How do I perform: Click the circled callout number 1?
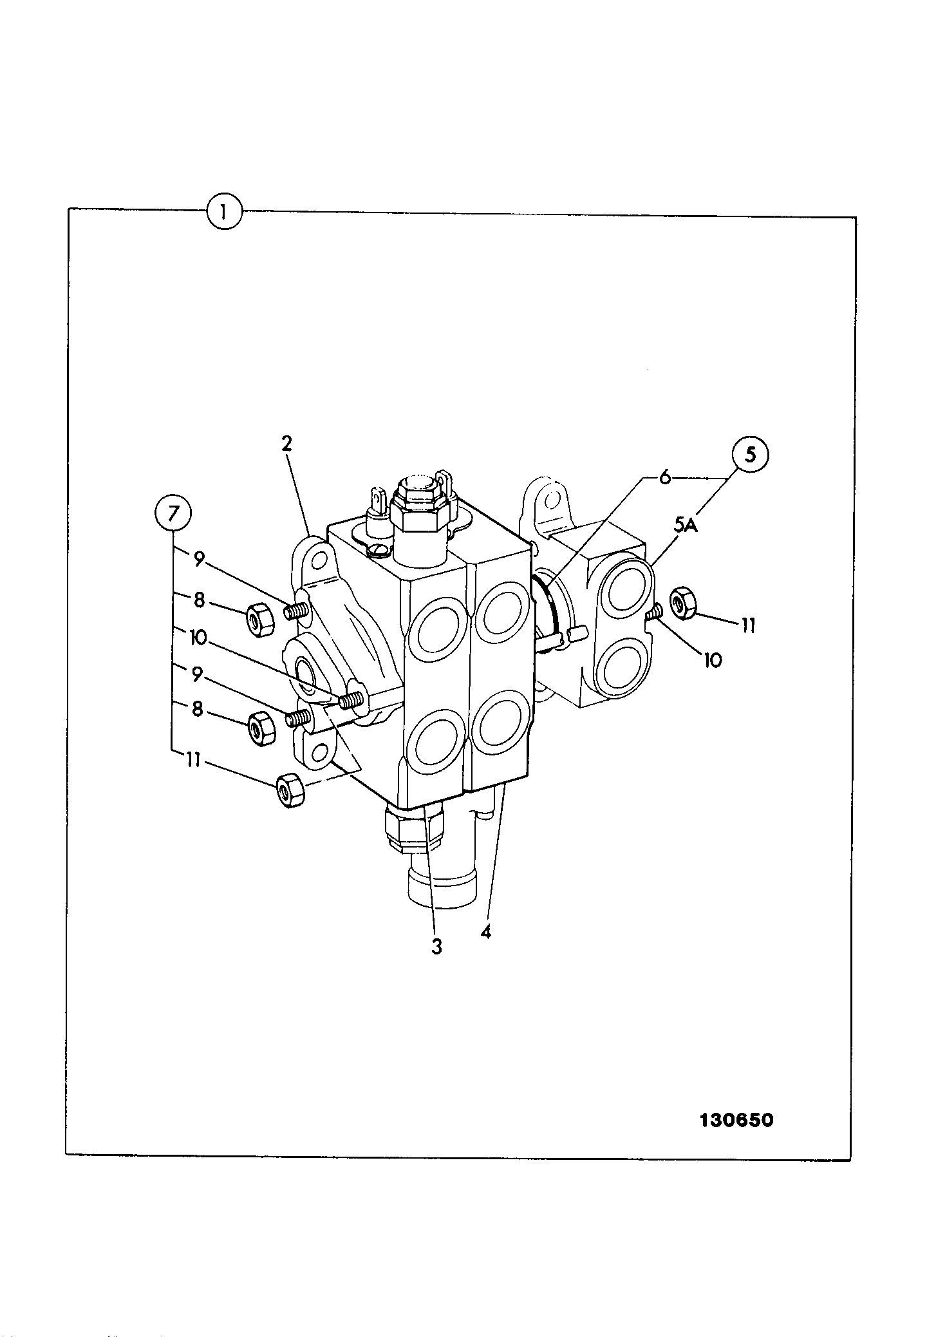(224, 211)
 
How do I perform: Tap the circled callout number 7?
(173, 514)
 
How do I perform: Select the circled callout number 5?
(750, 455)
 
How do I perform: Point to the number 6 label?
(665, 477)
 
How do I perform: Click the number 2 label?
(286, 443)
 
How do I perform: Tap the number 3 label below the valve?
(437, 947)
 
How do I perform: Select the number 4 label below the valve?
(486, 932)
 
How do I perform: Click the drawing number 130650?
(736, 1120)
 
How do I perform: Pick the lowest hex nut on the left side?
(290, 790)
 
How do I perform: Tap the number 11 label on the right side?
(748, 625)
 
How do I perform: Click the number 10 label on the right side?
(713, 660)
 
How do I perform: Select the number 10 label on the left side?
(198, 638)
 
